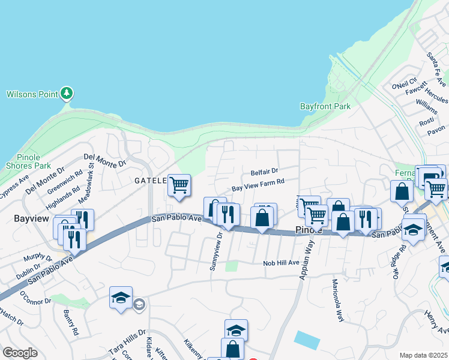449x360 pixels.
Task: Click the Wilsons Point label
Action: pyautogui.click(x=32, y=94)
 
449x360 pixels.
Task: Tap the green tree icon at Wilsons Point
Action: pyautogui.click(x=67, y=94)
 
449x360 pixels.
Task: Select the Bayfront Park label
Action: pyautogui.click(x=325, y=106)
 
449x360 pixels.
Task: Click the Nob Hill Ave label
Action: pyautogui.click(x=281, y=263)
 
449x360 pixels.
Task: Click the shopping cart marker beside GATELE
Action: pyautogui.click(x=179, y=185)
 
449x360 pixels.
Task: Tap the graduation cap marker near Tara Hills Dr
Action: pyautogui.click(x=120, y=297)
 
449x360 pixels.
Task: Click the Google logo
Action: pyautogui.click(x=20, y=353)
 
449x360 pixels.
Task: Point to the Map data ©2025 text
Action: pyautogui.click(x=424, y=355)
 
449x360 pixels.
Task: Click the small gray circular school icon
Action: pyautogui.click(x=139, y=305)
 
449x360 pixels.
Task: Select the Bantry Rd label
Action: pyautogui.click(x=71, y=322)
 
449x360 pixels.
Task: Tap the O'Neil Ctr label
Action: pyautogui.click(x=404, y=85)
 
